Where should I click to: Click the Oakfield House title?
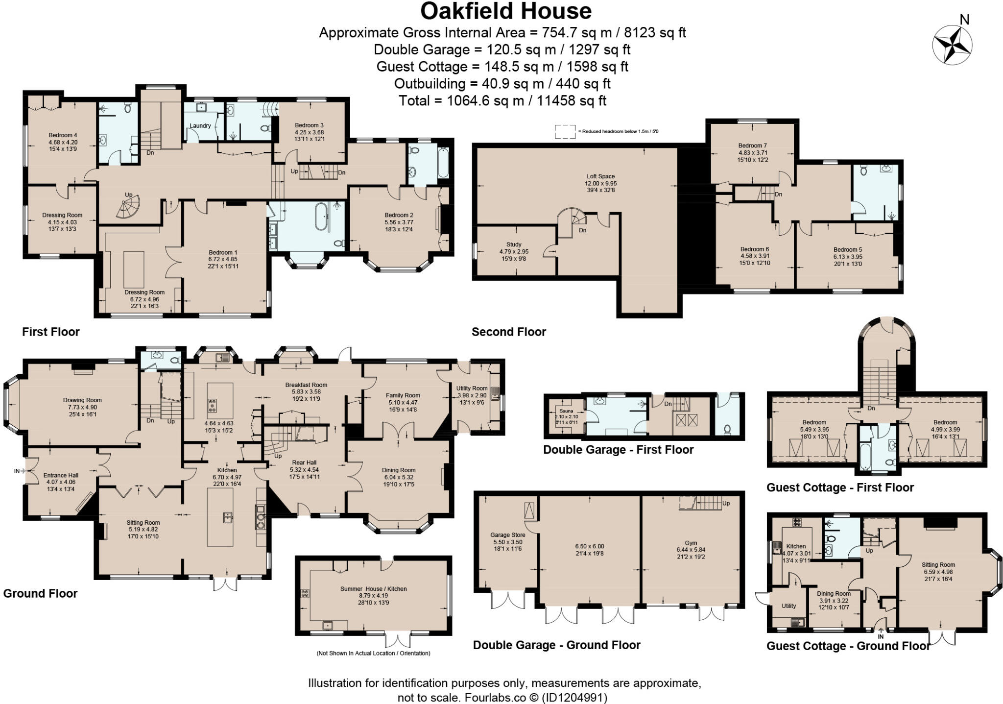coord(505,11)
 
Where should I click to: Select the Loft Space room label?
coord(600,176)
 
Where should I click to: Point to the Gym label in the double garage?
coord(691,543)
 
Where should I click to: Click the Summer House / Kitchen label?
coord(373,589)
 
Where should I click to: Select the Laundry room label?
coord(200,126)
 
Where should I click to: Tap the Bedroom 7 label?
coord(752,146)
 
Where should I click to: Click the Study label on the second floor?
coord(514,244)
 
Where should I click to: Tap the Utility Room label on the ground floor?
coord(472,388)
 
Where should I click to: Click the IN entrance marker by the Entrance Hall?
coord(17,471)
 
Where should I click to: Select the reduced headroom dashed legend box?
coord(565,132)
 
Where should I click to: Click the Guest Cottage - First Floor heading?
coord(839,487)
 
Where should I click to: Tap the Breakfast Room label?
coord(306,385)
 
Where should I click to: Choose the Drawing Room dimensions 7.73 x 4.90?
coord(82,407)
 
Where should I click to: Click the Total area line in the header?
coord(502,101)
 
